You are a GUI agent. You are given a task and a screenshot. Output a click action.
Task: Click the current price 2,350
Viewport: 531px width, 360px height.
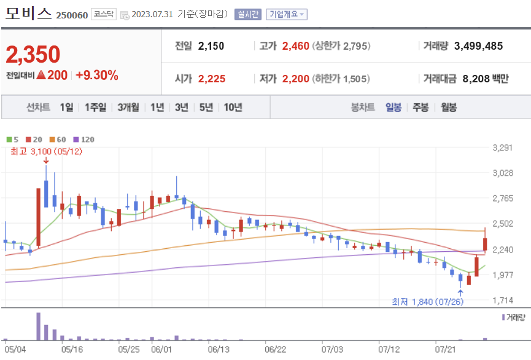click(33, 54)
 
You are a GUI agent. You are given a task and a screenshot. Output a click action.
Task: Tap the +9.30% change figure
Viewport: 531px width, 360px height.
click(97, 75)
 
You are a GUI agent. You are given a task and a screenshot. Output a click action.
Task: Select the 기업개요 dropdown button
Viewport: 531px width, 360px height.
click(286, 14)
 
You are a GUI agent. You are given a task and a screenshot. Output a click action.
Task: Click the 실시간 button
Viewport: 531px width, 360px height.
click(248, 14)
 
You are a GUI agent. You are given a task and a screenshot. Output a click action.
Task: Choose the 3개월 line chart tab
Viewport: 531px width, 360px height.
click(128, 108)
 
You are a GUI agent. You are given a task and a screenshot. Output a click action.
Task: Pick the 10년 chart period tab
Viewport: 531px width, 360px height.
click(233, 108)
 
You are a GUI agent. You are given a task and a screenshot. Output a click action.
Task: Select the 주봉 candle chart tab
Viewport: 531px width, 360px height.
click(421, 108)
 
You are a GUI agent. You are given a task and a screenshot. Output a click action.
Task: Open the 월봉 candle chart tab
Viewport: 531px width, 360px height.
click(449, 108)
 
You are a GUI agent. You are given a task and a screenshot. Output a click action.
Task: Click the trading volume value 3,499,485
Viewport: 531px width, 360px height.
click(478, 46)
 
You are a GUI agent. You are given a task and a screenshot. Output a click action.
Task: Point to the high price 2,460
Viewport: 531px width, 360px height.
click(296, 46)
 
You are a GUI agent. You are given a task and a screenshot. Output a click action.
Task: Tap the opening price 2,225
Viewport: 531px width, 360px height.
click(212, 79)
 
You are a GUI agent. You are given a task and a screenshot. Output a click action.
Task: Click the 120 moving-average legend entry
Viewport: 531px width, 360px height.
click(84, 139)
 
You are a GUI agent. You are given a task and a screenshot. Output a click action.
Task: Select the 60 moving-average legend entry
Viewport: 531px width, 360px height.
click(58, 139)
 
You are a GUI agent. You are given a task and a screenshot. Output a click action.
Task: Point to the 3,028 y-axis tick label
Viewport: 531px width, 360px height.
click(503, 173)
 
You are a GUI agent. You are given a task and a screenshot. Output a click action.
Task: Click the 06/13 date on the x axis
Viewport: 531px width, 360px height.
click(219, 349)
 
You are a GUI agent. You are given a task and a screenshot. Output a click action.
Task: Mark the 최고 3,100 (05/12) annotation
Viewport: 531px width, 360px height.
click(47, 151)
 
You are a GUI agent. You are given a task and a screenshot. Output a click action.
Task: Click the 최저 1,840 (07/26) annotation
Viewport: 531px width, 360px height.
click(428, 302)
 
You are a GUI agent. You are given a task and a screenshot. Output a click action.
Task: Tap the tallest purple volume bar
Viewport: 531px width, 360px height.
click(38, 326)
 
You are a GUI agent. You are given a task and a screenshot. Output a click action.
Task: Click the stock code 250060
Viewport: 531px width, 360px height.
click(72, 15)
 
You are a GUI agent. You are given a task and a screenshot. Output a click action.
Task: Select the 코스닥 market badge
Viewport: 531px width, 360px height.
click(104, 14)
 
